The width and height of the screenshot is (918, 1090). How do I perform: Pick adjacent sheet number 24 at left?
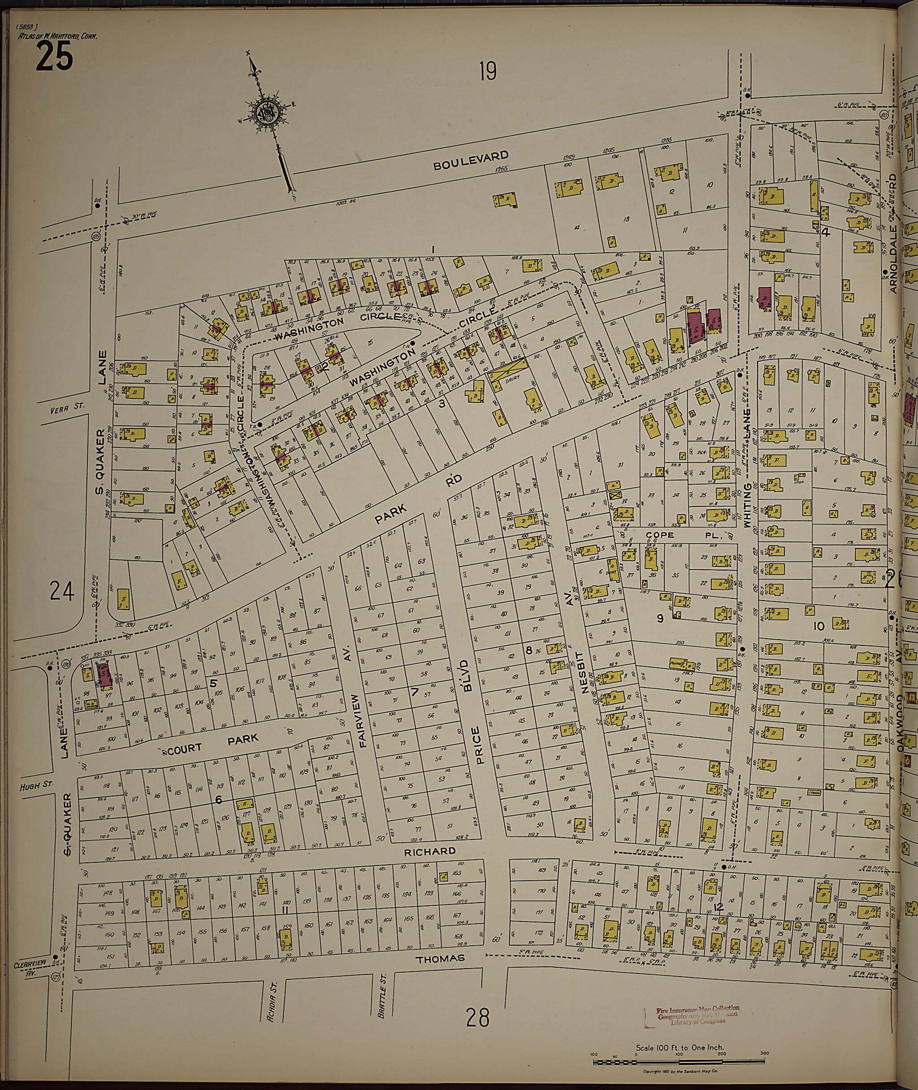coord(62,592)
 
